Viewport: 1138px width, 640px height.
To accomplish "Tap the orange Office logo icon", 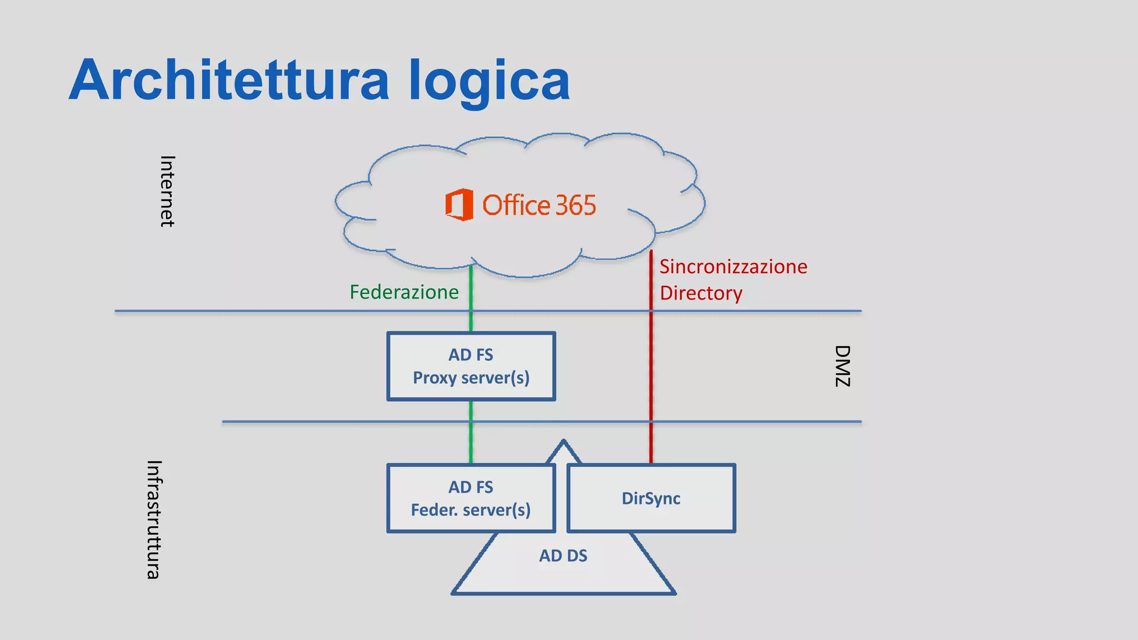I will pos(460,204).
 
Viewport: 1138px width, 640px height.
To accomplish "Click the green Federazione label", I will pos(404,292).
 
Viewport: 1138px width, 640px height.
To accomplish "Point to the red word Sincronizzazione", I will pos(733,267).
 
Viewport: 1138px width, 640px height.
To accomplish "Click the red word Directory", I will pos(701,293).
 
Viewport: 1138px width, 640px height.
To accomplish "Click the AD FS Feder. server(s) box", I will pos(471,498).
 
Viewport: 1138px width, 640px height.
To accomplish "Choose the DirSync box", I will pos(651,498).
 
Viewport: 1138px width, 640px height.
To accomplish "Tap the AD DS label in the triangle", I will pos(563,556).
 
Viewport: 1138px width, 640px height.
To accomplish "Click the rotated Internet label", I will pos(167,191).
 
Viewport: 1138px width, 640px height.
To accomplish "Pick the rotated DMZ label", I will pos(842,366).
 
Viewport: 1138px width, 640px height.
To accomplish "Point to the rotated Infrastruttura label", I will pos(154,519).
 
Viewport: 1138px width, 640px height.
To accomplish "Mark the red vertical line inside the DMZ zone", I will pos(651,367).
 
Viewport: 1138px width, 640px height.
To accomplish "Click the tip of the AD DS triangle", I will pos(563,442).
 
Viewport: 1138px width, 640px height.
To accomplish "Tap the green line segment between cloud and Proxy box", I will pos(471,300).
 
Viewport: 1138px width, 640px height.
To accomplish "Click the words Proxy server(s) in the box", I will pos(471,378).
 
